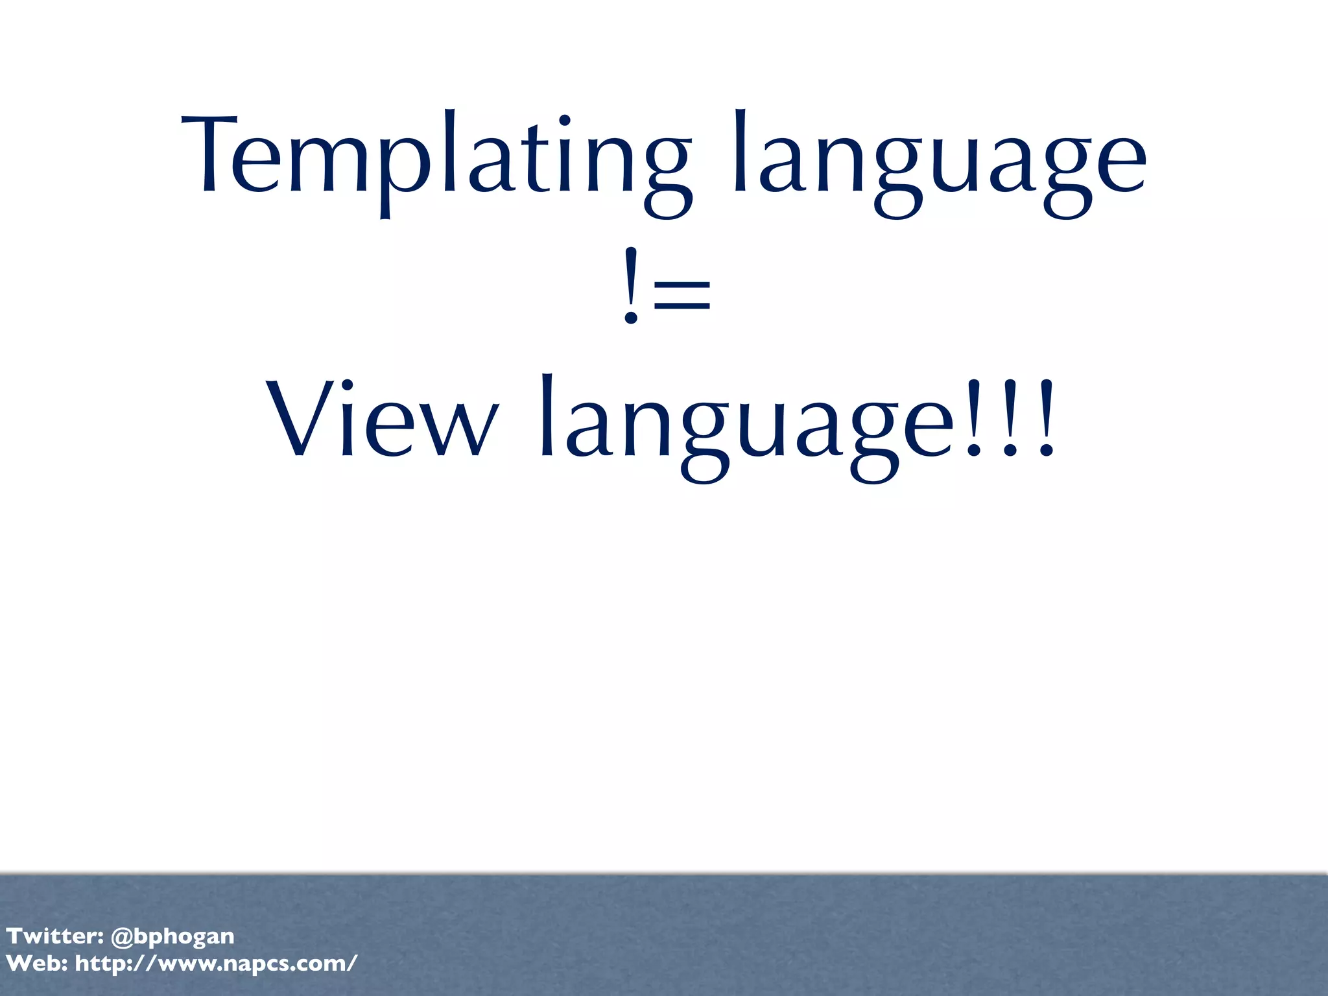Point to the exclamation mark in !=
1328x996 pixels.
[631, 286]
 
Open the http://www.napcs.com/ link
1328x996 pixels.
[216, 964]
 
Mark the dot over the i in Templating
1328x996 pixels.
[564, 121]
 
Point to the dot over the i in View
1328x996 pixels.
[346, 385]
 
